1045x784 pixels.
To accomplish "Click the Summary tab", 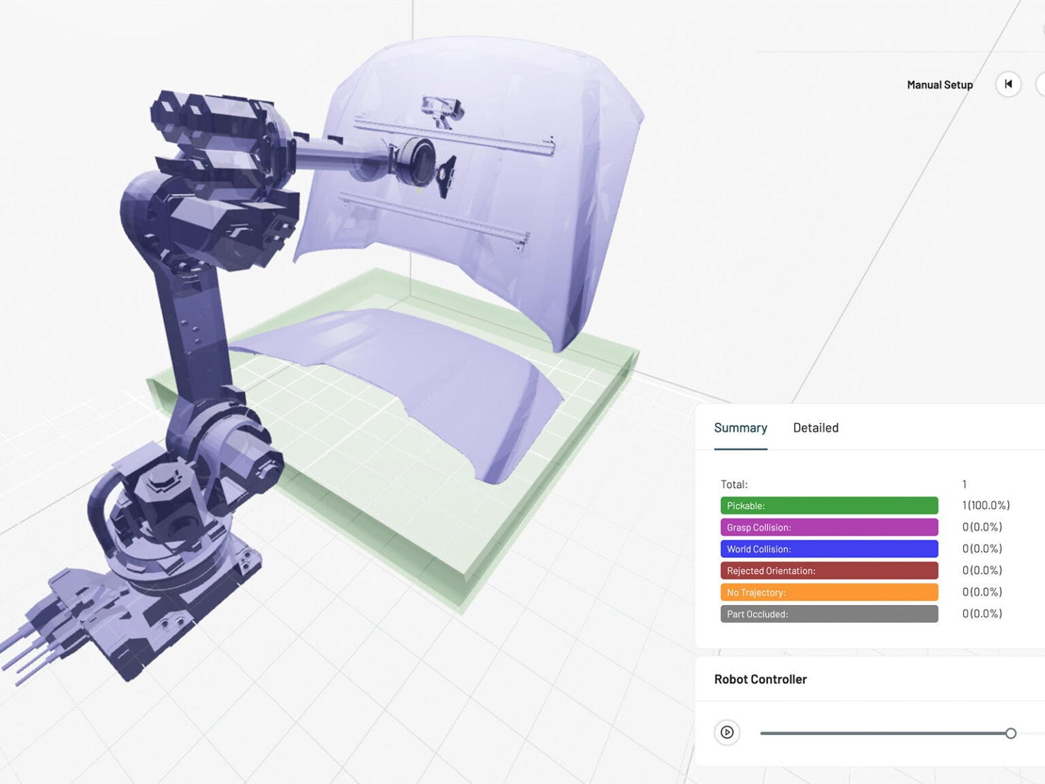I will click(740, 428).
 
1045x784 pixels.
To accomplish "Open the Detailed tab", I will click(815, 428).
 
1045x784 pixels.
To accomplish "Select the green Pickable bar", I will click(829, 506).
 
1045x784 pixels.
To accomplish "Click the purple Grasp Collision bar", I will click(829, 527).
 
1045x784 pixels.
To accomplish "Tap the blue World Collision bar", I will click(829, 549).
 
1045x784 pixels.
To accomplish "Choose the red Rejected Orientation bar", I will click(829, 571).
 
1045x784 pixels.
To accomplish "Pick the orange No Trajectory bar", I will click(829, 593).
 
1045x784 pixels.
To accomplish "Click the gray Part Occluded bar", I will click(829, 614).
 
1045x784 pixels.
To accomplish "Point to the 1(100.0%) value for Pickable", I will click(985, 506).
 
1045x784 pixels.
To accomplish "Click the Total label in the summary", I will click(734, 485).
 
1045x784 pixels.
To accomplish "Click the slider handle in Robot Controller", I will click(1010, 733).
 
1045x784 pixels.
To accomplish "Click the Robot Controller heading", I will click(760, 679).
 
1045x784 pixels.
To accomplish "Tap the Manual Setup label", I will click(940, 85).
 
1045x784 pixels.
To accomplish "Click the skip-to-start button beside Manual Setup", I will click(1008, 84).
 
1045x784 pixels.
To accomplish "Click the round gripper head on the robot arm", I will click(415, 162).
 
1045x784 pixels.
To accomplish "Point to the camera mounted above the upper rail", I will click(441, 111).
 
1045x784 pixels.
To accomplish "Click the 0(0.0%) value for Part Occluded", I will click(982, 614).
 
